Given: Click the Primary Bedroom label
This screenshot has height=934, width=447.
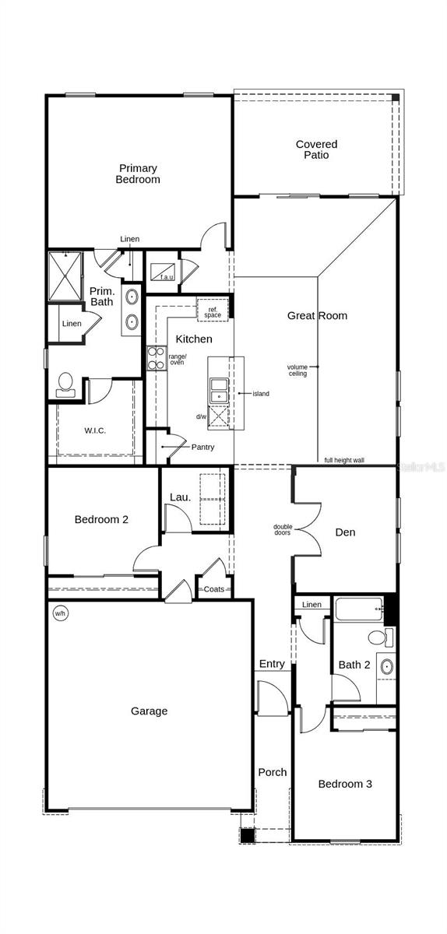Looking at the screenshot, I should [138, 174].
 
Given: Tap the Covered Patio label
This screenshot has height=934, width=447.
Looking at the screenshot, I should [316, 149].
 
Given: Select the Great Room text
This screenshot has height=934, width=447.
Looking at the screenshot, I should [317, 315].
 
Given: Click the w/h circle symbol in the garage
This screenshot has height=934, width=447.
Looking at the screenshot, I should [60, 613].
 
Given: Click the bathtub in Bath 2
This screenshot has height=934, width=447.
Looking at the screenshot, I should [358, 609].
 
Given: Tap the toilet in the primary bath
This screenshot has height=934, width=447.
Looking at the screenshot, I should [65, 384].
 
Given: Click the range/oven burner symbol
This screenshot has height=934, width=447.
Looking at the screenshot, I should [154, 360].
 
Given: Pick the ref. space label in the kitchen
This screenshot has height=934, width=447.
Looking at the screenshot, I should [213, 311].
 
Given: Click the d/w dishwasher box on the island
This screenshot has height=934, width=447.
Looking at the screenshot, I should [219, 417].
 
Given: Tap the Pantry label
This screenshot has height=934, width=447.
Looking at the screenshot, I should [202, 448].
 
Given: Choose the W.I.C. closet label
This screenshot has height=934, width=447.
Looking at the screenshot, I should [95, 430].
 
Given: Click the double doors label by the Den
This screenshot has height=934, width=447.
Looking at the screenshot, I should [283, 530].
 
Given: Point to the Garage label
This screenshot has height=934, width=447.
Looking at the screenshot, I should [149, 711].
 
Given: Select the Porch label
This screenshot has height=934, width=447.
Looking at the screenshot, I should [272, 772].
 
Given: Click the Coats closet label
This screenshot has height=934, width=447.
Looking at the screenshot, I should [213, 589].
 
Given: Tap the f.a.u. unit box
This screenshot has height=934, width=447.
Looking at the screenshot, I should [164, 272].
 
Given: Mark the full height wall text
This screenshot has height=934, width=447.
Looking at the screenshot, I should [344, 460].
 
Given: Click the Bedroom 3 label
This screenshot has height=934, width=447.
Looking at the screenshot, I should [345, 784].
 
